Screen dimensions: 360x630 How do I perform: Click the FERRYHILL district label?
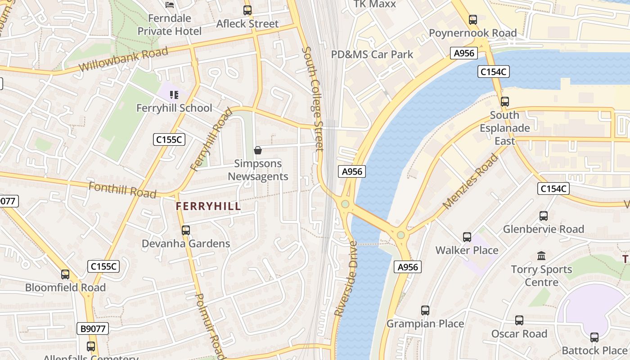(208, 207)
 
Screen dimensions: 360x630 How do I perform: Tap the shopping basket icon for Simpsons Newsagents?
(258, 150)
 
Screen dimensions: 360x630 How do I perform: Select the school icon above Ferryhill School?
(174, 95)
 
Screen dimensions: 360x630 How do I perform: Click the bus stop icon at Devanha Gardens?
(186, 230)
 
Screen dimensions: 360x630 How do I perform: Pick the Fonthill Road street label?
(122, 190)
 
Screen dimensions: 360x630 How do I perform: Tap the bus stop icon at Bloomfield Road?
(65, 274)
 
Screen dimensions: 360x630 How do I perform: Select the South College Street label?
(313, 99)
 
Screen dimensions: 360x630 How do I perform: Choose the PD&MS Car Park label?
(372, 54)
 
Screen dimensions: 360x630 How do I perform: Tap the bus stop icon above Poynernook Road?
(472, 20)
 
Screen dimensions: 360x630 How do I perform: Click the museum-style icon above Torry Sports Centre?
(541, 256)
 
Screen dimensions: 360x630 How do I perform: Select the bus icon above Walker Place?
(467, 237)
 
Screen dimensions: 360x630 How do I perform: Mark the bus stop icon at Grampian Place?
(425, 310)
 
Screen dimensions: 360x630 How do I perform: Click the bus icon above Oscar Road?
(519, 320)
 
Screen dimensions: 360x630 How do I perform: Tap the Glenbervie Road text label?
(543, 229)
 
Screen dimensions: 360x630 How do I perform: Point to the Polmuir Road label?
(210, 326)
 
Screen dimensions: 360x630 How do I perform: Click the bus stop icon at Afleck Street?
(247, 10)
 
